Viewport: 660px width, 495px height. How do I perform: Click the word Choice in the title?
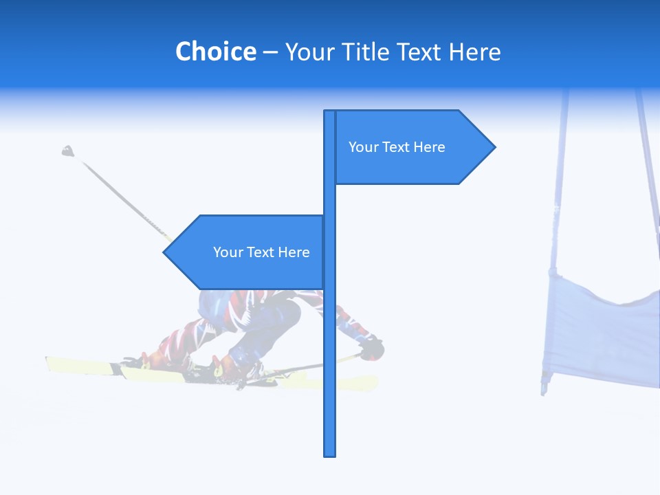click(215, 52)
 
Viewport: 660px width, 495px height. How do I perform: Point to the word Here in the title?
click(474, 52)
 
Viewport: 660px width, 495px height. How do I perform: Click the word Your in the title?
click(309, 52)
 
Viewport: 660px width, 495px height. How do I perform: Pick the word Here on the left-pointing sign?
click(294, 252)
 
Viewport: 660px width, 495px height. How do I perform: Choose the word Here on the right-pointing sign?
click(429, 147)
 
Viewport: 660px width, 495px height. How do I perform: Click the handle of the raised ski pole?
click(67, 151)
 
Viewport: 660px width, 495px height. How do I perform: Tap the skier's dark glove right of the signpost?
click(373, 348)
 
